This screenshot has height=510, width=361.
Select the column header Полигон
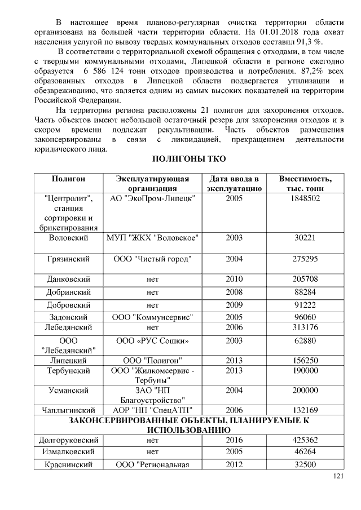pyautogui.click(x=68, y=179)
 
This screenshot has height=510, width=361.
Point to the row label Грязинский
pyautogui.click(x=68, y=259)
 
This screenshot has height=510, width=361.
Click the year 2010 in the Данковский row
pyautogui.click(x=234, y=279)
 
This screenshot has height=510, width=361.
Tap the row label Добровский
pyautogui.click(x=68, y=306)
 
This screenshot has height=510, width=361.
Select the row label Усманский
pyautogui.click(x=68, y=389)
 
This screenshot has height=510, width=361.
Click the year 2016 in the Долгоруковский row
pyautogui.click(x=234, y=439)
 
